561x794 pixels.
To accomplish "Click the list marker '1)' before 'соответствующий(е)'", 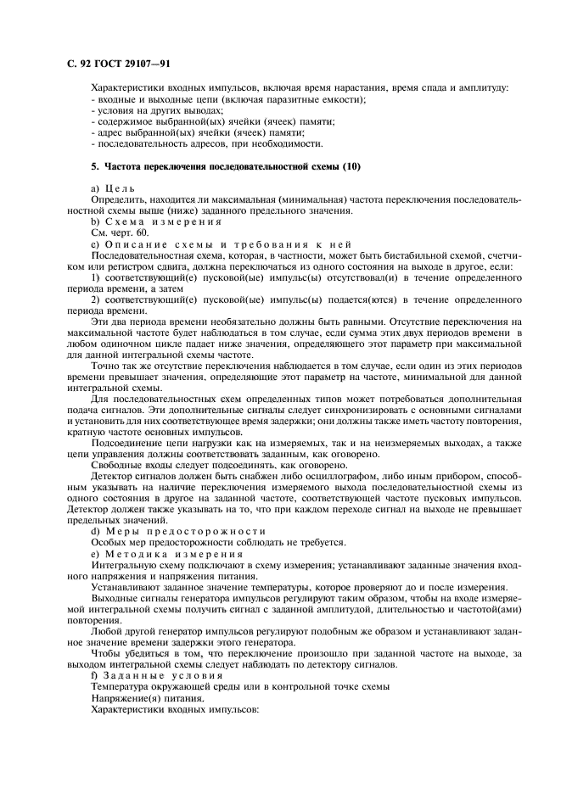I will (x=96, y=277).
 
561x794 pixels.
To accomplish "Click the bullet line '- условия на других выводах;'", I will (x=156, y=111).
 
